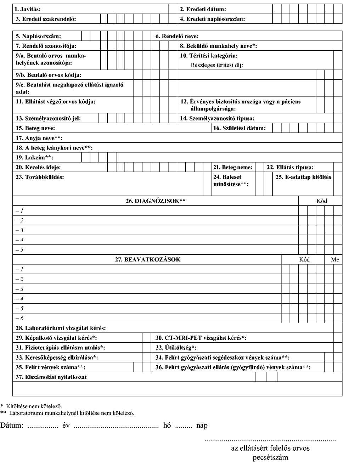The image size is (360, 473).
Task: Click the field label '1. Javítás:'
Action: (x=28, y=9)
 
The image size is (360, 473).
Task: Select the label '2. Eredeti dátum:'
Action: (x=203, y=9)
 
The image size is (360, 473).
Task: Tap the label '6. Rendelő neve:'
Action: (x=177, y=36)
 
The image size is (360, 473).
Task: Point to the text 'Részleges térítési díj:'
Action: (x=217, y=65)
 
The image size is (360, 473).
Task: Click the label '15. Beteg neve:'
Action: (x=35, y=128)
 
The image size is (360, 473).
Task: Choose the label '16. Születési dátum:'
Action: (x=239, y=128)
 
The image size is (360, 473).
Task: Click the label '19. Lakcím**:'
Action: (x=34, y=158)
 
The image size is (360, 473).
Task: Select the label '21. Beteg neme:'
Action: (x=232, y=167)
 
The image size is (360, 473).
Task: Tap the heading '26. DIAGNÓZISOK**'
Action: (x=156, y=201)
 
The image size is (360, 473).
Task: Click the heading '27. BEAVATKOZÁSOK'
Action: (x=147, y=259)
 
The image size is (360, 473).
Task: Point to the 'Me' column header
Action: (x=335, y=259)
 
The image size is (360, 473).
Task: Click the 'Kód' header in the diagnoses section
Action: (x=322, y=201)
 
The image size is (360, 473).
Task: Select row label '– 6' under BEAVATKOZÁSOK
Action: (x=19, y=318)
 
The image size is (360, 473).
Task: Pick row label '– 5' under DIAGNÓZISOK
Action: (x=19, y=250)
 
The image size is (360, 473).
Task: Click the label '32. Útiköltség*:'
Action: (x=176, y=348)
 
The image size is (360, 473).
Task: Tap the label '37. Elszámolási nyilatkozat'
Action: (x=51, y=377)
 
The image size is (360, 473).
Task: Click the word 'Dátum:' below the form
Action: (x=12, y=426)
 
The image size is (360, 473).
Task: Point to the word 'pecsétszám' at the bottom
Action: (x=270, y=457)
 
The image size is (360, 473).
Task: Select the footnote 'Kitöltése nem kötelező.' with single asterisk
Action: (x=34, y=406)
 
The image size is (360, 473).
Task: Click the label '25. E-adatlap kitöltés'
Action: (x=303, y=177)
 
